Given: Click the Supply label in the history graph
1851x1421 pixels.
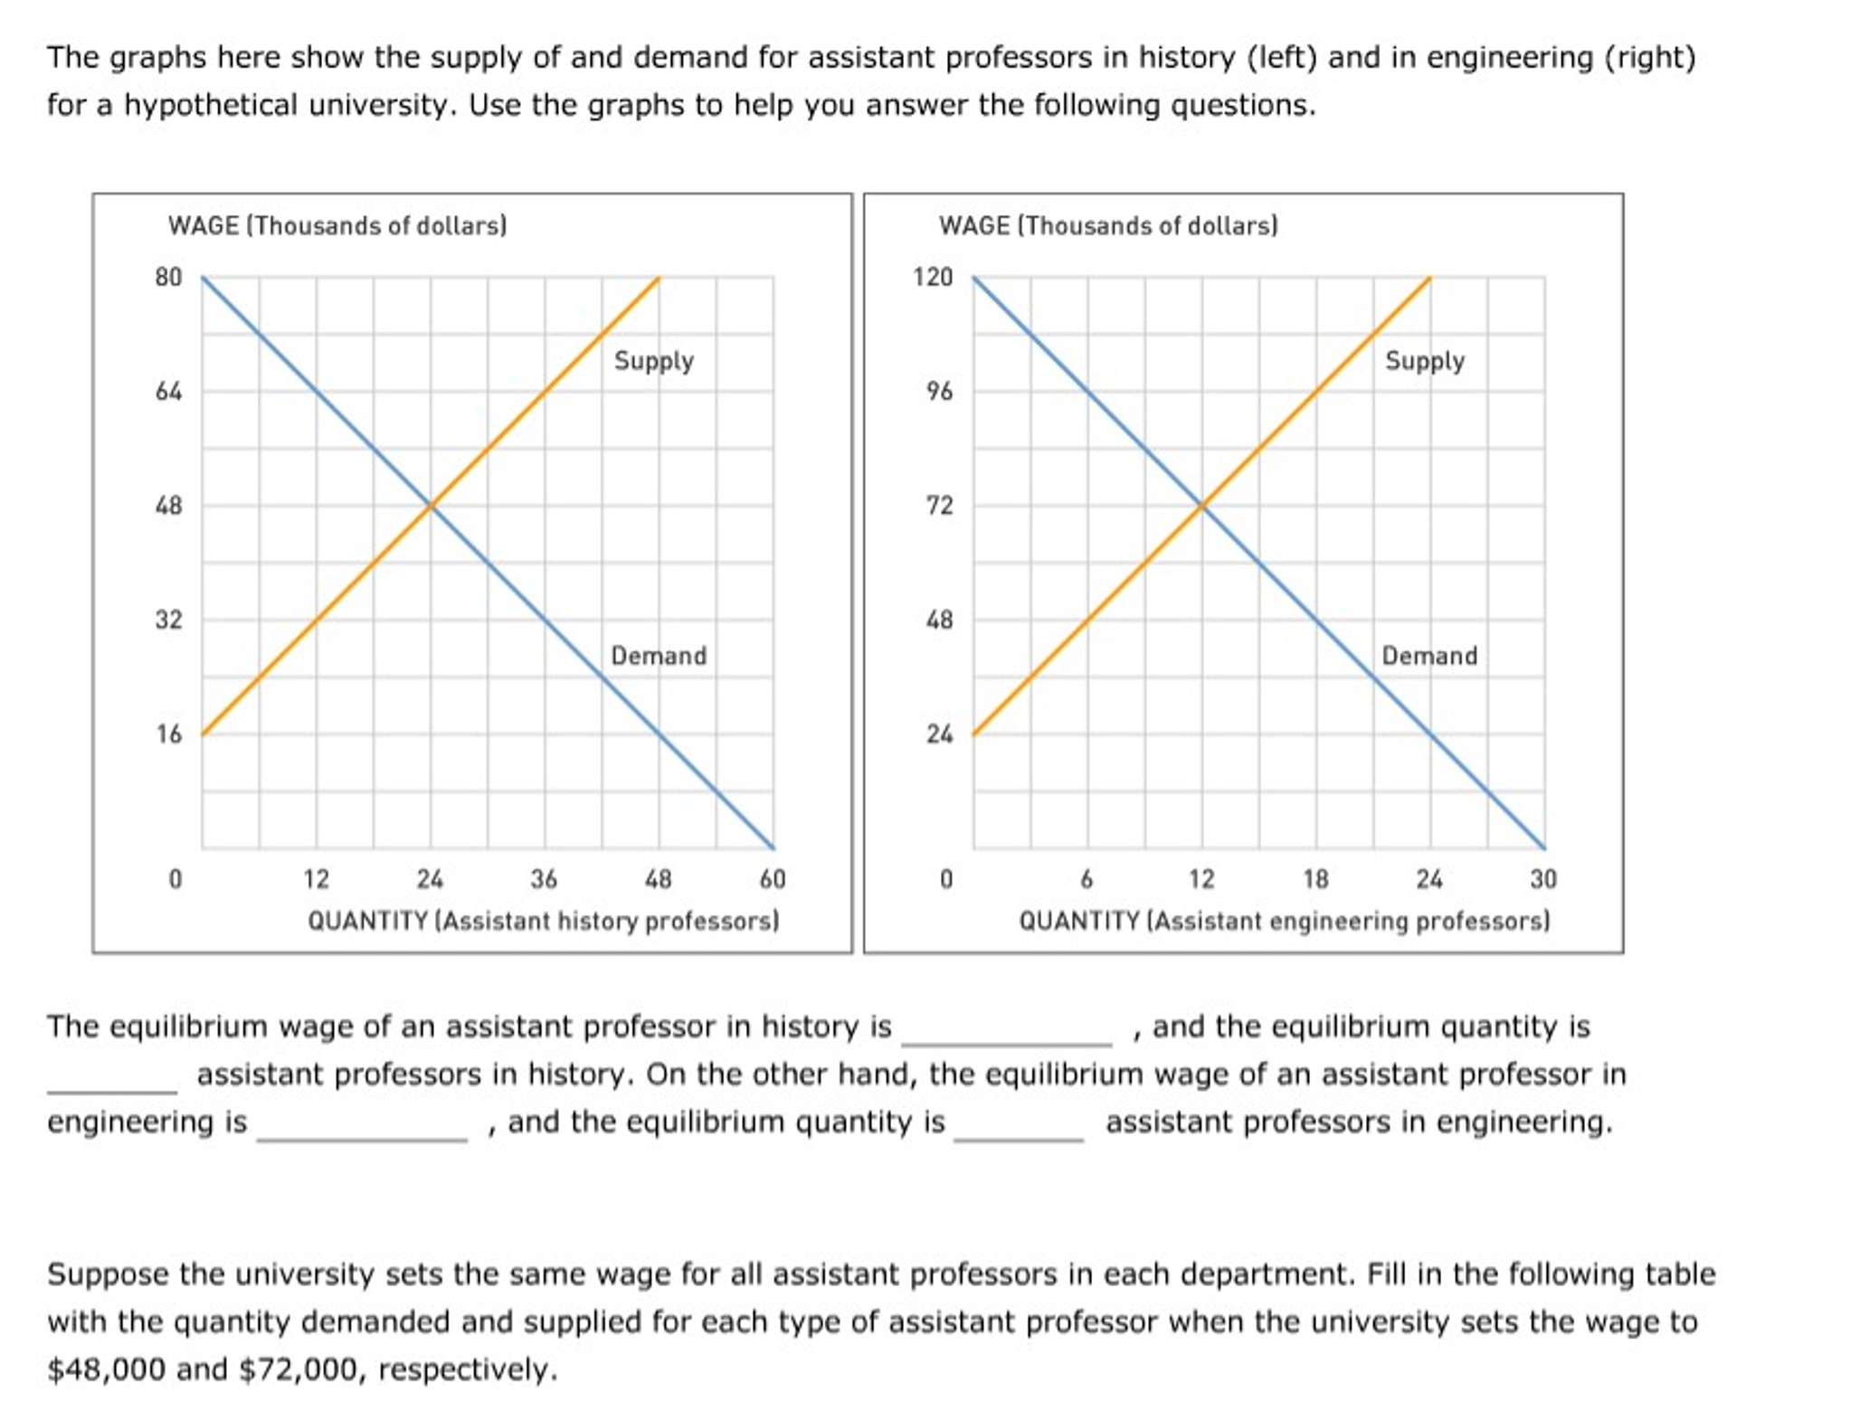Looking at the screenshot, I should tap(653, 361).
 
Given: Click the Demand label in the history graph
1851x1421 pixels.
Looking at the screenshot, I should tap(658, 656).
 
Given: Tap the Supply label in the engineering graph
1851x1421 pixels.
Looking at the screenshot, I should tap(1424, 361).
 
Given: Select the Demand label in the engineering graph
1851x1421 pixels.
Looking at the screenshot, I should tap(1429, 656).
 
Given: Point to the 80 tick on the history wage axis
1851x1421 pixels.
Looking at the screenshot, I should tap(168, 278).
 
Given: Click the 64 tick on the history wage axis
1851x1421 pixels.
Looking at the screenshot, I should tap(168, 392).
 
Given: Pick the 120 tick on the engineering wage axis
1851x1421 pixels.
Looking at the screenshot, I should tap(933, 278).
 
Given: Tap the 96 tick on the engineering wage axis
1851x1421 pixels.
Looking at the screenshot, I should tap(939, 392).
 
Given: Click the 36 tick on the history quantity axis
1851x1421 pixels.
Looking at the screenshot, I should tap(544, 879).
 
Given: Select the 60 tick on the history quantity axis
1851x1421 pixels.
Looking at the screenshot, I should tap(773, 879).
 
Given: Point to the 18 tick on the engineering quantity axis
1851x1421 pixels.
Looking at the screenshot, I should tap(1315, 879).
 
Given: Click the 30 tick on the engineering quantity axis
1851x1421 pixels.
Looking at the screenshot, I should tap(1543, 879).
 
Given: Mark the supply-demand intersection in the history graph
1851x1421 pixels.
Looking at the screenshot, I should tap(431, 507).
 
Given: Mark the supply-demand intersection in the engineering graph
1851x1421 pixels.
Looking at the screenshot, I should tap(1201, 507).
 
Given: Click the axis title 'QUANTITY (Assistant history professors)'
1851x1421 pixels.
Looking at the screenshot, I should tap(543, 922).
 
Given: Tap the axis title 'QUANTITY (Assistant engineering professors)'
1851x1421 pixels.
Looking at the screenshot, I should tap(1284, 922).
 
